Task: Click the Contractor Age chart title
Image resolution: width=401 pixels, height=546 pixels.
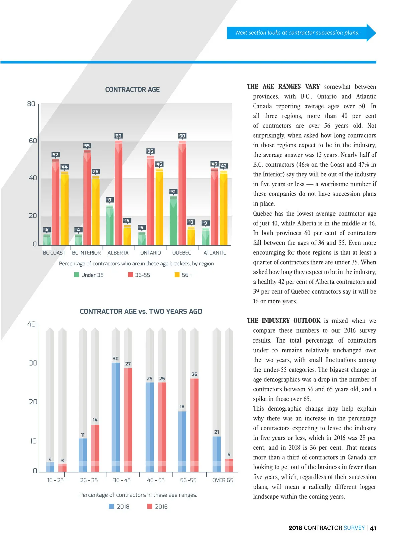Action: [x=132, y=90]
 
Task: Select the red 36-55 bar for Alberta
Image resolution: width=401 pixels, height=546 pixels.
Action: [x=118, y=194]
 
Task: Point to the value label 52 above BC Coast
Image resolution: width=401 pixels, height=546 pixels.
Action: [x=55, y=155]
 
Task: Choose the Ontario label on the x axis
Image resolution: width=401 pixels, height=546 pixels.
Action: [x=150, y=253]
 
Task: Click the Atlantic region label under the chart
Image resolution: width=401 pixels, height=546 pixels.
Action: [x=215, y=253]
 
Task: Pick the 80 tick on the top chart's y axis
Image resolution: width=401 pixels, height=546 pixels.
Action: [x=31, y=104]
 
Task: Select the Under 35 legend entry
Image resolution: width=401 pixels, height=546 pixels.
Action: [x=89, y=275]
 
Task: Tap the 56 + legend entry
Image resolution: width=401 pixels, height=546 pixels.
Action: [x=184, y=275]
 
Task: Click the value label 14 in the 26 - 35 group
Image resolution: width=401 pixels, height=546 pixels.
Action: [x=95, y=420]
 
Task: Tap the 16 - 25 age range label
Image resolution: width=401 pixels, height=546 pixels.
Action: [x=55, y=480]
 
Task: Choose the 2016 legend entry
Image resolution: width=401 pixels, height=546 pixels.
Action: [x=158, y=507]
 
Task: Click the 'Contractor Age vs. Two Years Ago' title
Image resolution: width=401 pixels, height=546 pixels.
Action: [x=141, y=312]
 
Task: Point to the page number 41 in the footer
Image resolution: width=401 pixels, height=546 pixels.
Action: [x=373, y=528]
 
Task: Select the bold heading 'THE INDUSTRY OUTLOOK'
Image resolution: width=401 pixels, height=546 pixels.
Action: [x=283, y=321]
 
